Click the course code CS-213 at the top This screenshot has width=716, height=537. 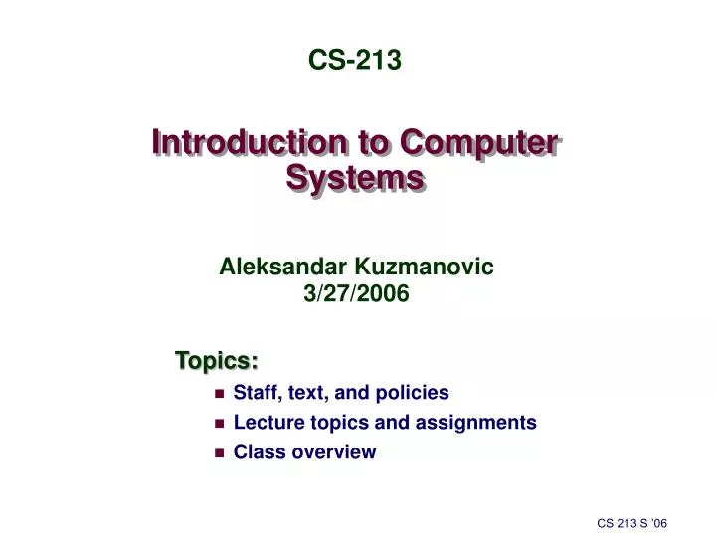(355, 62)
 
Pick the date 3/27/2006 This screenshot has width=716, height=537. (355, 293)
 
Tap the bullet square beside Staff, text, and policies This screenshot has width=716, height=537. (220, 393)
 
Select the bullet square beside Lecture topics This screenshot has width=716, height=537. (220, 423)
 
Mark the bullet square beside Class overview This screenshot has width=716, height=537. (220, 453)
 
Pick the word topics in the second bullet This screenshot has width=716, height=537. (333, 422)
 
